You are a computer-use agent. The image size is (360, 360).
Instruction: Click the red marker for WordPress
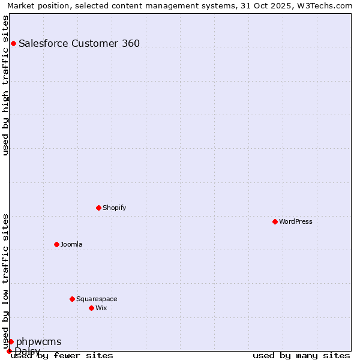pos(275,221)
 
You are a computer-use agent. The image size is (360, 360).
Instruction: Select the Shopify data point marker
pos(98,208)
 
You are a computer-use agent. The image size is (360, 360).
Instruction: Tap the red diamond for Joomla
pos(56,244)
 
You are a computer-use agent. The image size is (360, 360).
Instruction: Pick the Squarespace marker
pos(72,299)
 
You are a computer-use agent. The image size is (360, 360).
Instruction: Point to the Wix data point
pos(91,308)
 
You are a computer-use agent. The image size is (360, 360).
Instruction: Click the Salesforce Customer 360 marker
pos(13,43)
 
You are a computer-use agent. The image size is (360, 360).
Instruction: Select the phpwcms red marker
pos(11,341)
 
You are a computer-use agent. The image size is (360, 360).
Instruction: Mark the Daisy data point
pos(9,351)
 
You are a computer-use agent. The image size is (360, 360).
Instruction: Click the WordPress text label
pos(296,221)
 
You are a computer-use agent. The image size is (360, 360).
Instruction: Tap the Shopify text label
pos(115,208)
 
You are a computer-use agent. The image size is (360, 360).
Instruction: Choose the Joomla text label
pos(71,244)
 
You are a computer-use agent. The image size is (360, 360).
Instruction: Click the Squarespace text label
pos(97,299)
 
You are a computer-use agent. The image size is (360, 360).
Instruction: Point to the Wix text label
pos(101,308)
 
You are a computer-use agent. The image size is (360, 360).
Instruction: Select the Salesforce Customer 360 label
pos(79,43)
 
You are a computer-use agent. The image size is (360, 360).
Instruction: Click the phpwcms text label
pos(39,341)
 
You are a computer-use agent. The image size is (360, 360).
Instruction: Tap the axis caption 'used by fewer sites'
pos(62,355)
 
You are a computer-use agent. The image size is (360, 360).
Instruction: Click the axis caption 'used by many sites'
pos(301,355)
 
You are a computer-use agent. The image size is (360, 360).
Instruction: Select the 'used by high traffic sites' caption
pos(6,85)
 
